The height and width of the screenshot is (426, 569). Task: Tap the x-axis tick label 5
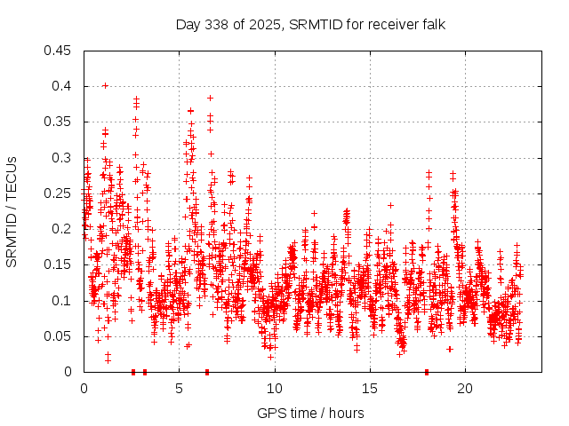point(180,388)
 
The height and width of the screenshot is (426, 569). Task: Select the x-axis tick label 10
point(275,388)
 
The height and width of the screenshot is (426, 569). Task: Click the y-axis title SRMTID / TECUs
point(12,211)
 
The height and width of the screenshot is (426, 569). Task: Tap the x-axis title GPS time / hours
point(310,413)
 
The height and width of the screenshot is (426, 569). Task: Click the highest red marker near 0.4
point(105,85)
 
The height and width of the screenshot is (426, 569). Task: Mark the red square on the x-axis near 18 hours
point(427,372)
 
